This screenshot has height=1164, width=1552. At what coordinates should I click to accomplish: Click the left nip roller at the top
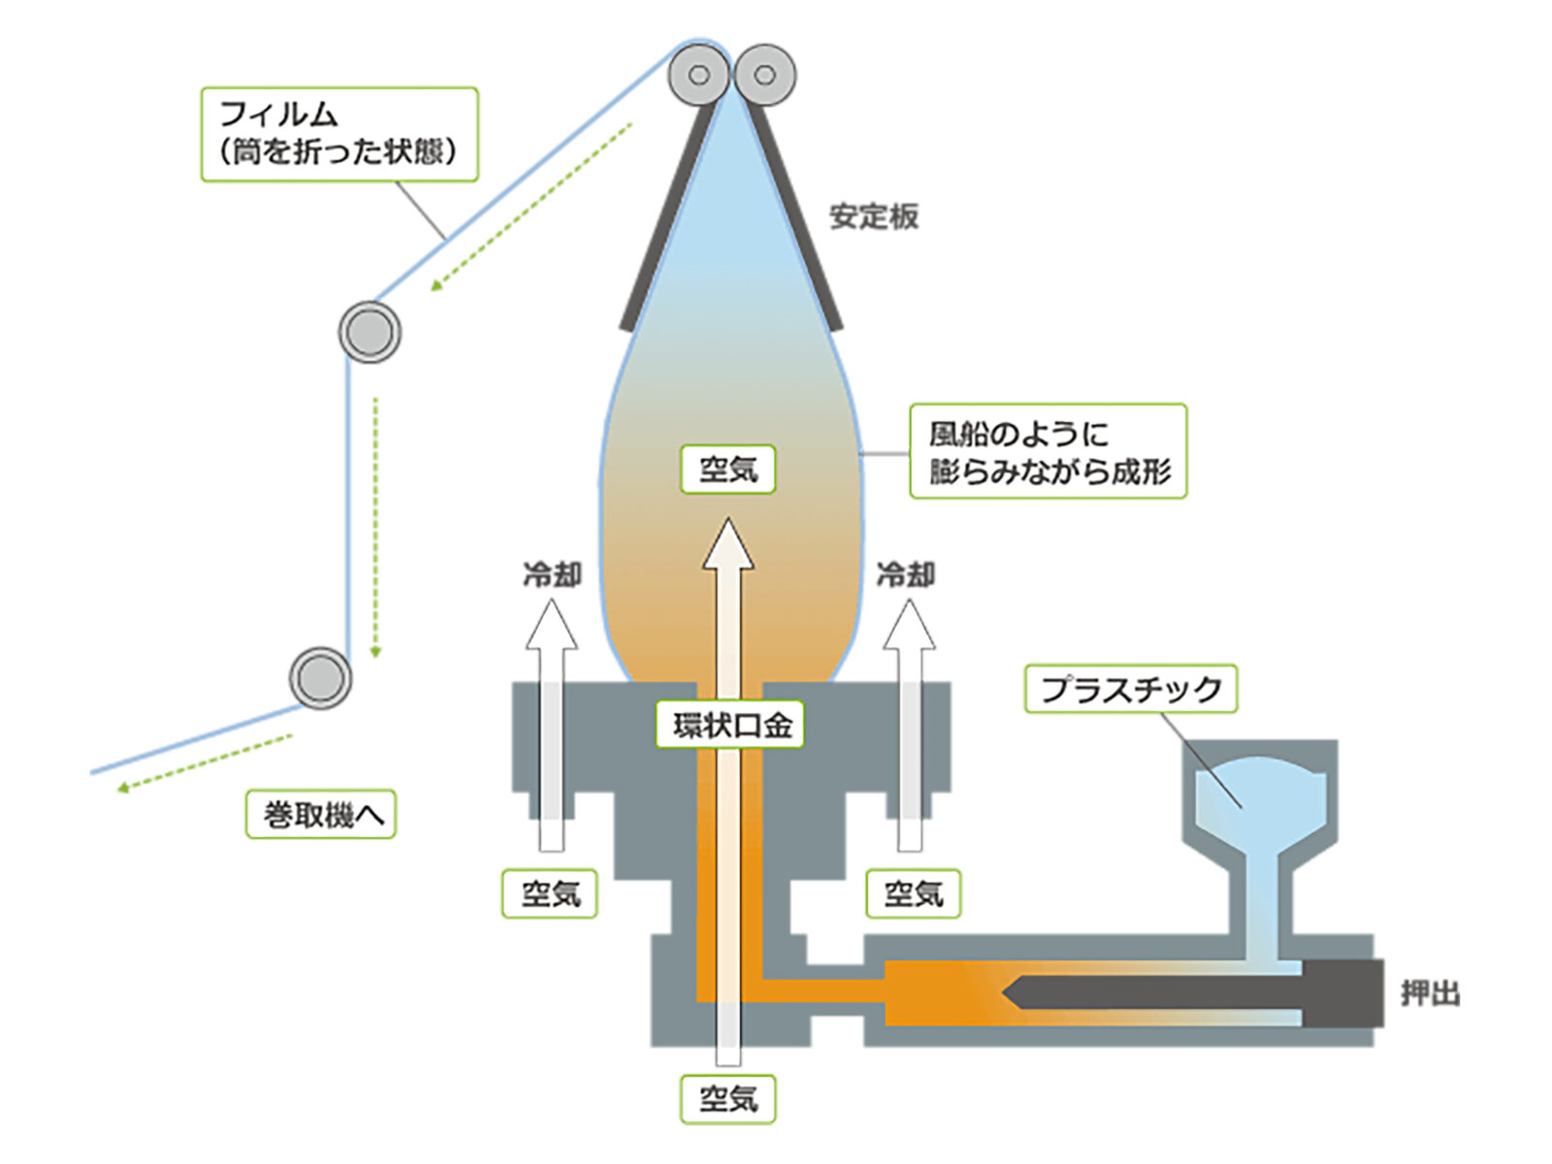pos(698,75)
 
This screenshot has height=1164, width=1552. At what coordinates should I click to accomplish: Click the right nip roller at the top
pos(765,75)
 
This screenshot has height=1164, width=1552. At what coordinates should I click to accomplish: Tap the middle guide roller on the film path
pos(370,332)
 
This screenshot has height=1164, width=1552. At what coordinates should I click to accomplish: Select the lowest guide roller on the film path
pos(320,678)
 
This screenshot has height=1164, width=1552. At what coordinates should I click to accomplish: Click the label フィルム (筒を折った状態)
pos(339,134)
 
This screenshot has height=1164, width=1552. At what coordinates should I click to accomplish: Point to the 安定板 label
pos(874,216)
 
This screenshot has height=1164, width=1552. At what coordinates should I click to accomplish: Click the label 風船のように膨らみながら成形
pos(1048,451)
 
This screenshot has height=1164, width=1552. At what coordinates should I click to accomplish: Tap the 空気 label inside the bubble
pos(727,469)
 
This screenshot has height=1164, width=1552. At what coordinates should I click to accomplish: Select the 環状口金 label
pos(729,724)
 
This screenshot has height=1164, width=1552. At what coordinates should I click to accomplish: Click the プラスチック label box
pos(1131,689)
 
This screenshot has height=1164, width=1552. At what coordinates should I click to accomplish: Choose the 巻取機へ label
pos(321,814)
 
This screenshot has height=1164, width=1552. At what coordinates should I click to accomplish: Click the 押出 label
pos(1430,993)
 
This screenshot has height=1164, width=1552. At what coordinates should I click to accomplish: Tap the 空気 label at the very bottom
pos(727,1099)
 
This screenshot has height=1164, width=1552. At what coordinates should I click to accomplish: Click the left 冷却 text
pos(552,574)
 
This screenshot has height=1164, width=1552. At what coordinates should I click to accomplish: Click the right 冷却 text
pos(906,574)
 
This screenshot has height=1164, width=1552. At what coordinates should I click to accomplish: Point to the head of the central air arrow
pos(727,544)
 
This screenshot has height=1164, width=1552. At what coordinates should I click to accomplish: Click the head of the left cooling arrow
pos(552,624)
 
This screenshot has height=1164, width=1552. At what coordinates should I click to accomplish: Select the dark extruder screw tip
pos(1013,993)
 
